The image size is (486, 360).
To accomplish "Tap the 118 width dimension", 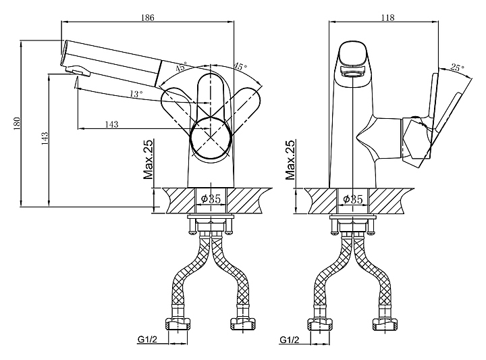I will point(387,18).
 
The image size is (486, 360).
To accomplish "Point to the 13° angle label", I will point(136,95).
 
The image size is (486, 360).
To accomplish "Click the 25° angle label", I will point(457,69).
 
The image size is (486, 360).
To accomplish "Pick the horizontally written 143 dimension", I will point(113,123).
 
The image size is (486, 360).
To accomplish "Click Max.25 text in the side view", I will point(148,160).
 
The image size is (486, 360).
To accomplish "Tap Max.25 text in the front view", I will point(290,160).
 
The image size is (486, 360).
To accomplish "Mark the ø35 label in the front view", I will point(353,199).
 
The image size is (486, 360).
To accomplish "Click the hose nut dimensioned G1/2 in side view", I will point(180,324).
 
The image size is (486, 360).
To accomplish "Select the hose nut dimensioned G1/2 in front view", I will point(321,324).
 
